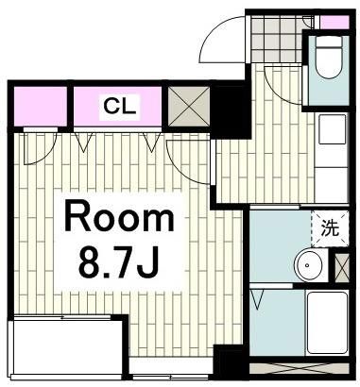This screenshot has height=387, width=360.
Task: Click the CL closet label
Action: tap(120, 105)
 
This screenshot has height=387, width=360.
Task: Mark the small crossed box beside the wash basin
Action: tap(341, 265)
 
